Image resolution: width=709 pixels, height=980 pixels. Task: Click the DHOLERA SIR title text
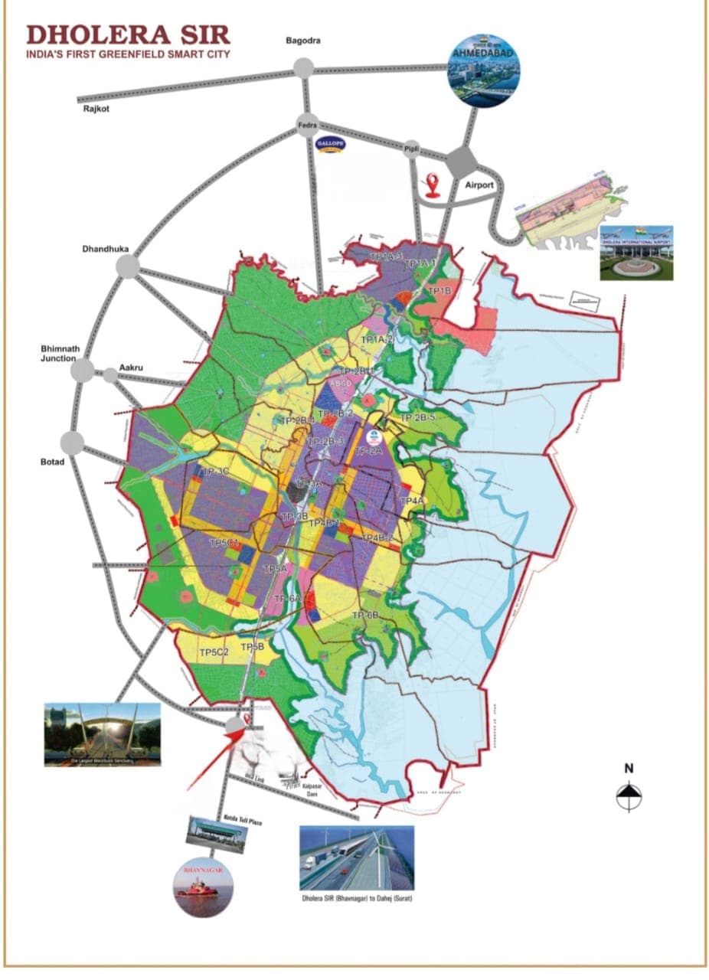coord(128,34)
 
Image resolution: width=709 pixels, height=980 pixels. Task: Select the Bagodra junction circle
coord(303,68)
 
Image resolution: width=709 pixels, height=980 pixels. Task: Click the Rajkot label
coord(98,110)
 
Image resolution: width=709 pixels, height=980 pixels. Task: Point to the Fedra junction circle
coord(308,126)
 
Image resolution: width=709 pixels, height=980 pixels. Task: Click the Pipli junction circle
coord(413,150)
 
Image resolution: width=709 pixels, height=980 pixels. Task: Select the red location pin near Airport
coord(433,185)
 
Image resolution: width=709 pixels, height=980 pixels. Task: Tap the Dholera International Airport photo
coord(636,252)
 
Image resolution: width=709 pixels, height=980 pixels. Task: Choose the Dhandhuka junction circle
coord(128,266)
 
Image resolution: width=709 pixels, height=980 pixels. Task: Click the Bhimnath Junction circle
coord(82,371)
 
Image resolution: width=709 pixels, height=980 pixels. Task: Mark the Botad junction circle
coord(73,442)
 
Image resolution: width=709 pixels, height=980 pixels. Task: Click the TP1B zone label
coord(439,291)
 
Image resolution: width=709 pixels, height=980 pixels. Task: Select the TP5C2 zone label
coord(214,652)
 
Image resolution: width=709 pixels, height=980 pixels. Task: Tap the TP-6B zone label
coord(366,616)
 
